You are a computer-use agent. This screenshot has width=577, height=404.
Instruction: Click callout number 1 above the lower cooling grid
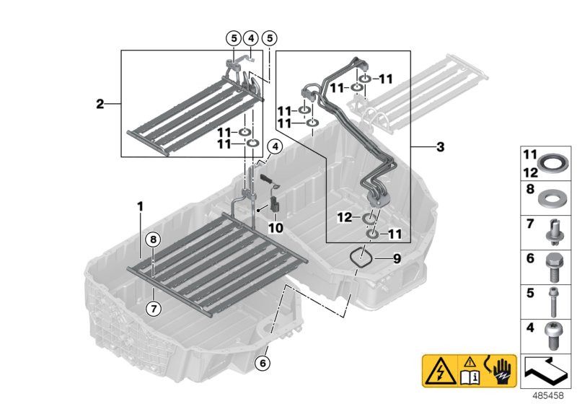(x=141, y=206)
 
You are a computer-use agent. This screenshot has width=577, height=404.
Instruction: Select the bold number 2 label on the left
(x=100, y=104)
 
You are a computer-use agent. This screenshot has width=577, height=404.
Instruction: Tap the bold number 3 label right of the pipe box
(x=441, y=148)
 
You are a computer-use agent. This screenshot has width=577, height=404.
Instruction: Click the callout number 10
(x=276, y=227)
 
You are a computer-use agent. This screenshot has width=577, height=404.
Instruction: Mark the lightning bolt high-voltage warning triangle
(x=437, y=369)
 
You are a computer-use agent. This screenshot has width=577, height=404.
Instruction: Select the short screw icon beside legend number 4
(x=554, y=333)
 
